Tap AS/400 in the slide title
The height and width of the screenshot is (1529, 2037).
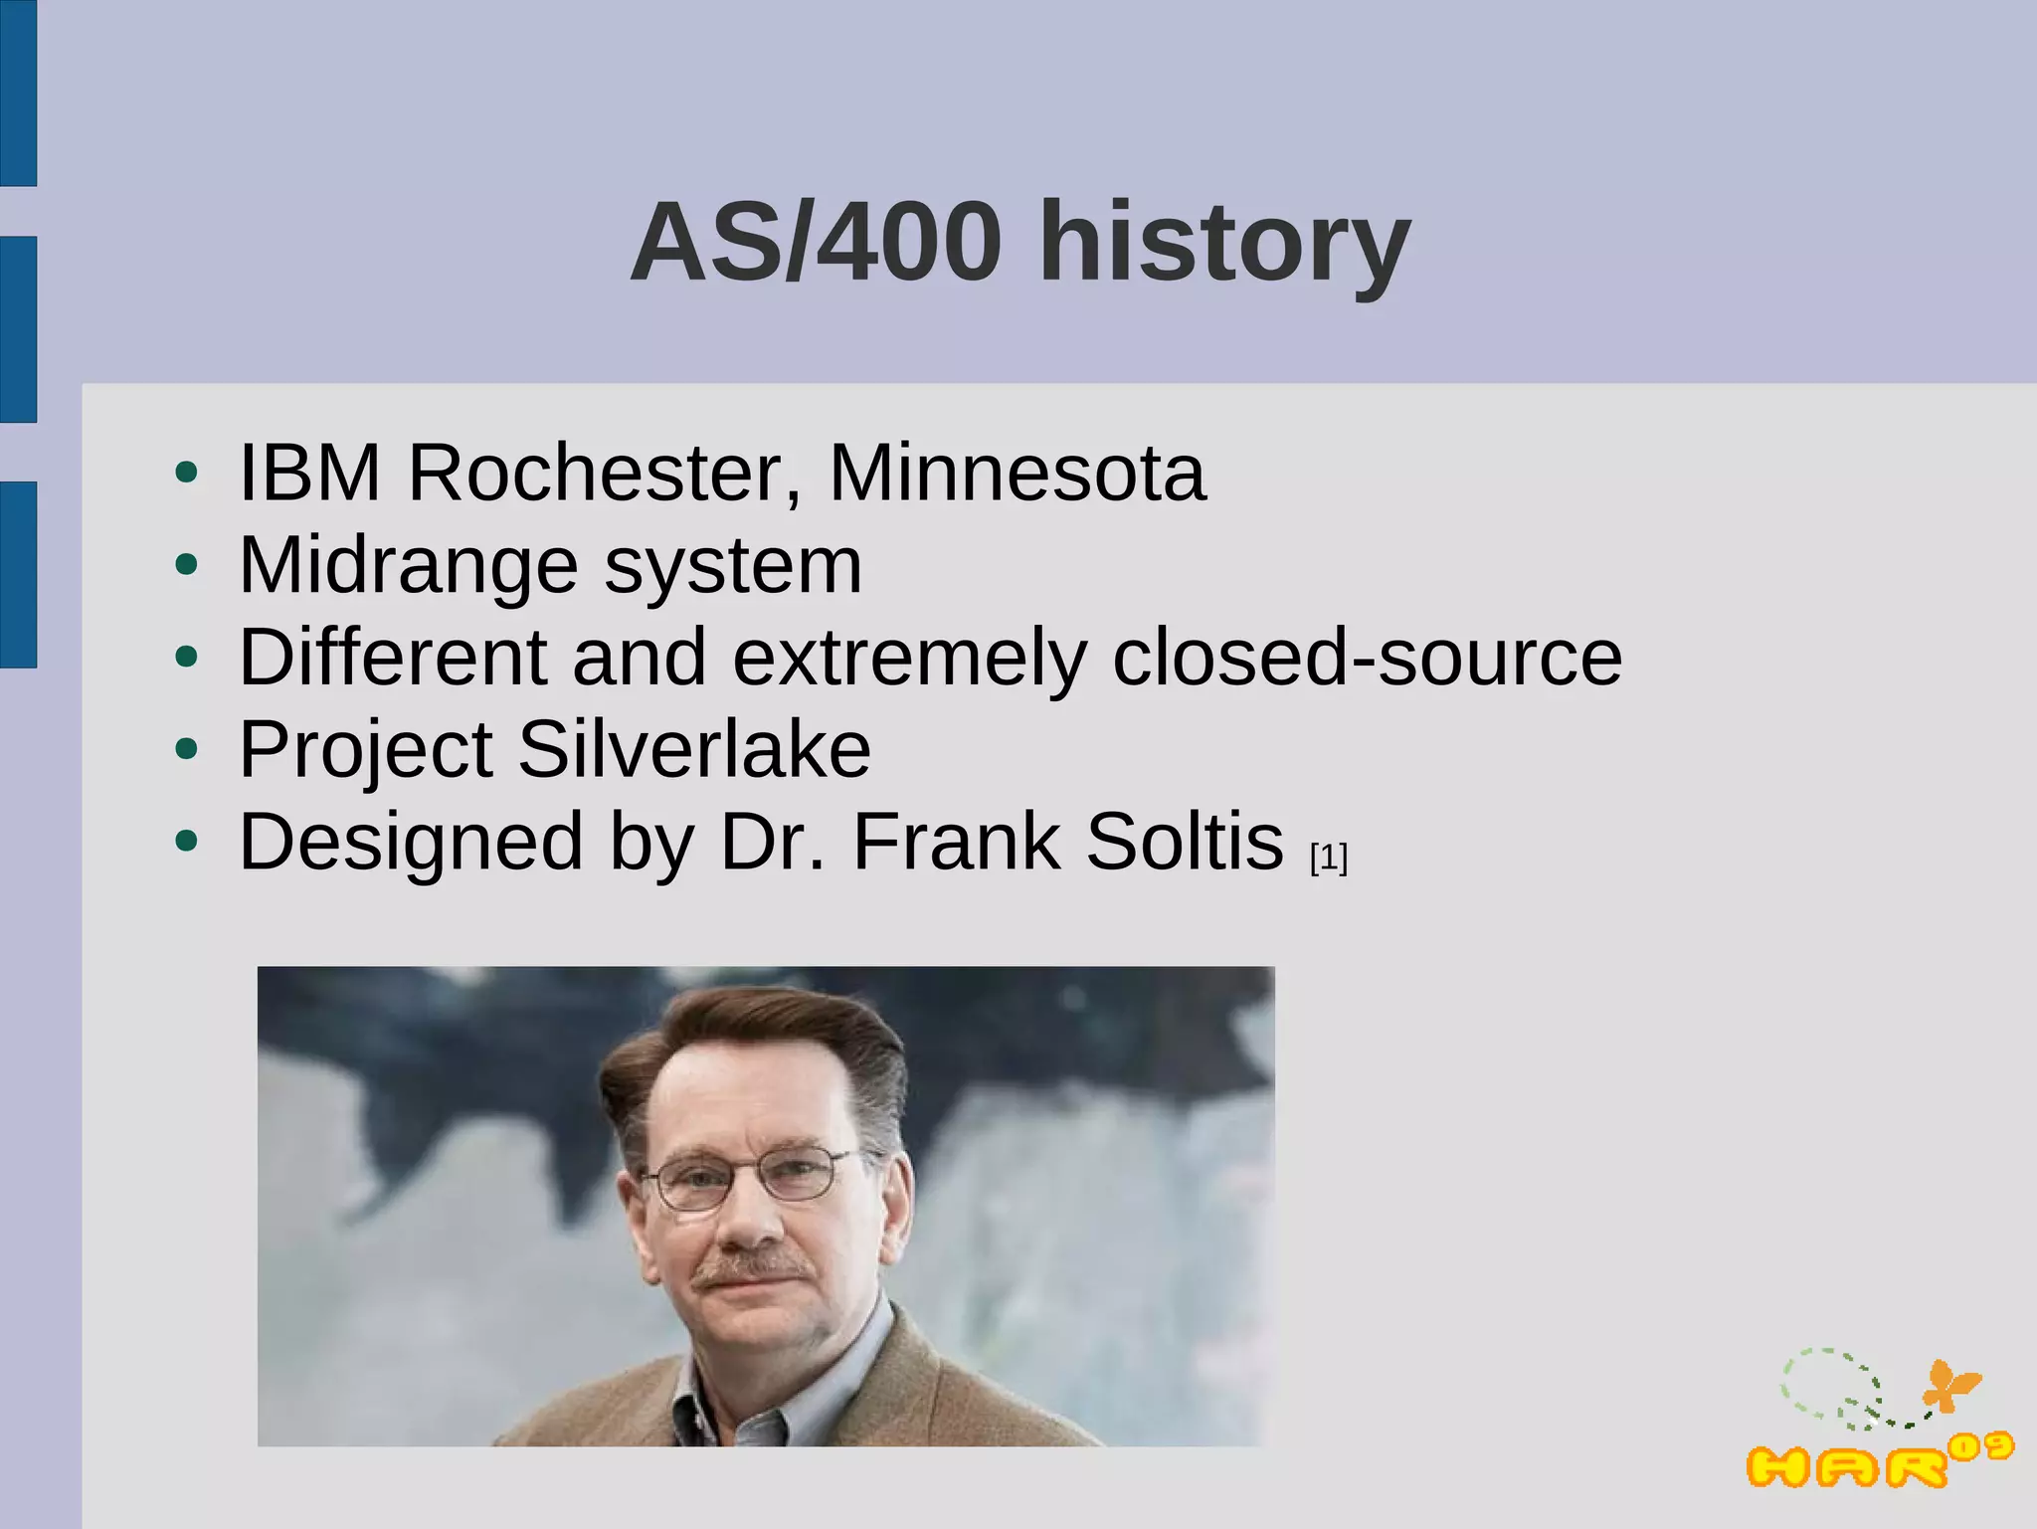click(816, 244)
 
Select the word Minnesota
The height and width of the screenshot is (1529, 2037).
click(1017, 473)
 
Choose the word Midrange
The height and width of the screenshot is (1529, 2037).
click(408, 566)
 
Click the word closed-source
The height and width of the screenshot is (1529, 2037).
click(1367, 658)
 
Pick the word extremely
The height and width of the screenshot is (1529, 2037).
click(909, 658)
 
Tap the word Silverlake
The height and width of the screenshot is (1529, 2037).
click(693, 750)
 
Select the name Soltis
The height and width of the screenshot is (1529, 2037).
click(1184, 843)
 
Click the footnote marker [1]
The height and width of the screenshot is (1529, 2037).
click(1329, 858)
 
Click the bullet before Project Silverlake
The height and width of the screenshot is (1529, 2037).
click(186, 750)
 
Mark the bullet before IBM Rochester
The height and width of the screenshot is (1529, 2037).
click(186, 473)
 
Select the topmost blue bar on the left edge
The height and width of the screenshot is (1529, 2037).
click(18, 93)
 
